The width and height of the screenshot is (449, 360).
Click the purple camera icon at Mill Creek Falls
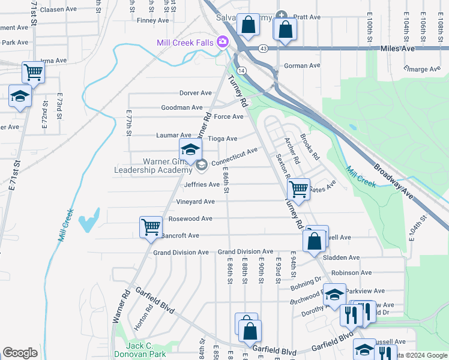(223, 41)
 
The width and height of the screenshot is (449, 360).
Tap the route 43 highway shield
(264, 48)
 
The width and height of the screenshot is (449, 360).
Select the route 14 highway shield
(241, 70)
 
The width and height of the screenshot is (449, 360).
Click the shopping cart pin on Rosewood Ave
(150, 227)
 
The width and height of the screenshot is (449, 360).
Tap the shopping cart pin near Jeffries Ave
(298, 190)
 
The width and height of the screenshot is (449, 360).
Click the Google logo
(20, 353)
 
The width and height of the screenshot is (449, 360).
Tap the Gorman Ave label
(303, 66)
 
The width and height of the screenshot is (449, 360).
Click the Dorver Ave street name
(196, 93)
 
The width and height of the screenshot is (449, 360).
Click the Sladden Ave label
(341, 257)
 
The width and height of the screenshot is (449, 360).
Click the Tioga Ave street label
(222, 139)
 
